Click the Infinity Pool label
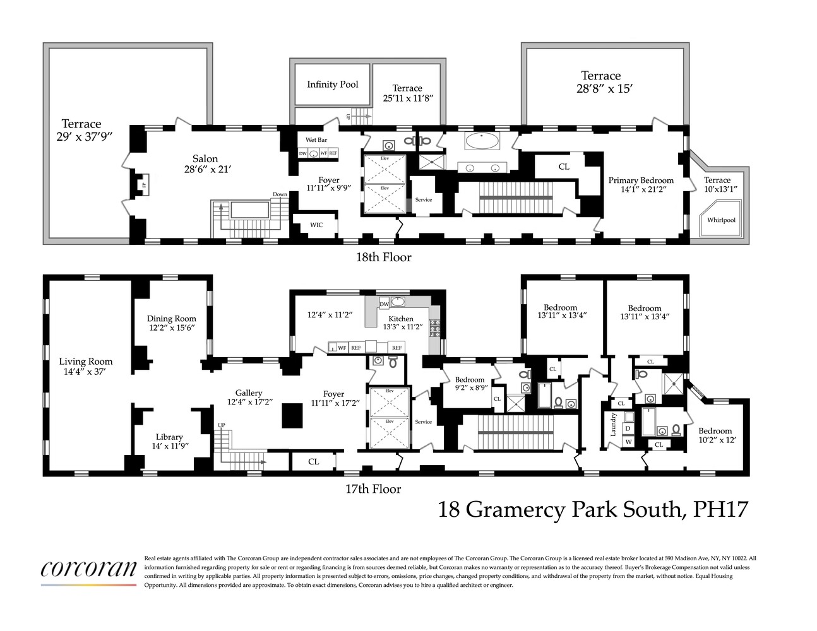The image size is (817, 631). (332, 84)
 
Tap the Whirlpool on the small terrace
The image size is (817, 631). (721, 220)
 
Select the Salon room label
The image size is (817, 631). (205, 159)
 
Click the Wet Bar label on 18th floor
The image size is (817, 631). (316, 140)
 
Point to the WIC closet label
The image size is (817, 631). (316, 225)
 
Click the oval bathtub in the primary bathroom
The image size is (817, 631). (482, 141)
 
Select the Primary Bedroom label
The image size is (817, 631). (641, 180)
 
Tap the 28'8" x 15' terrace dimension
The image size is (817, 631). (604, 89)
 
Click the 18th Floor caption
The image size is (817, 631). (383, 257)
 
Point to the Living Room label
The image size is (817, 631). (85, 362)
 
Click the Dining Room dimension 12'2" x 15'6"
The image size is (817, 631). (172, 328)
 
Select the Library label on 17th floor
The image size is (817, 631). (169, 437)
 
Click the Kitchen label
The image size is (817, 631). (401, 319)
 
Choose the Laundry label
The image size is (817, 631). (612, 424)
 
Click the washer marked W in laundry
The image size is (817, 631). (628, 442)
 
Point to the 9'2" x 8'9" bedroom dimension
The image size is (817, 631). (471, 388)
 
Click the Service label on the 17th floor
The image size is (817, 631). (424, 422)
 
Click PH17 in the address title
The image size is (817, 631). (720, 509)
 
